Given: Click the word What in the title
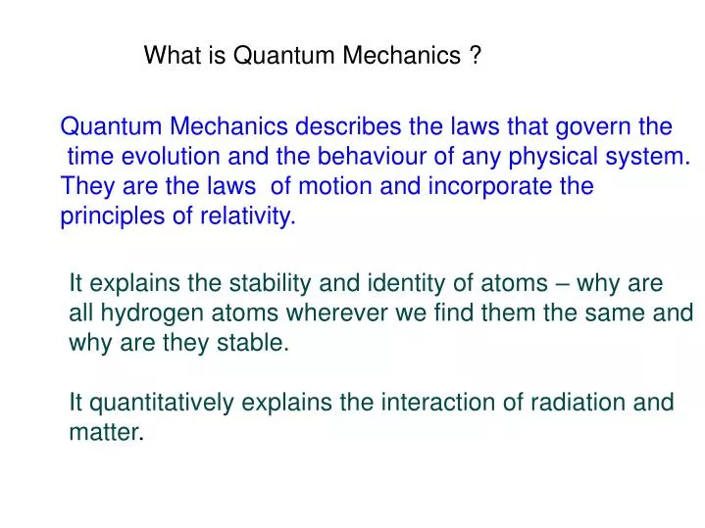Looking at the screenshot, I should (173, 57).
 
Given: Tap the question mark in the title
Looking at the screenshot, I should (475, 57).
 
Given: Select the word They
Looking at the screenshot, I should (85, 186).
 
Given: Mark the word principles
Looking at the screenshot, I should (109, 216).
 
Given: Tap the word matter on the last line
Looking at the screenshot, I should (105, 432).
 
